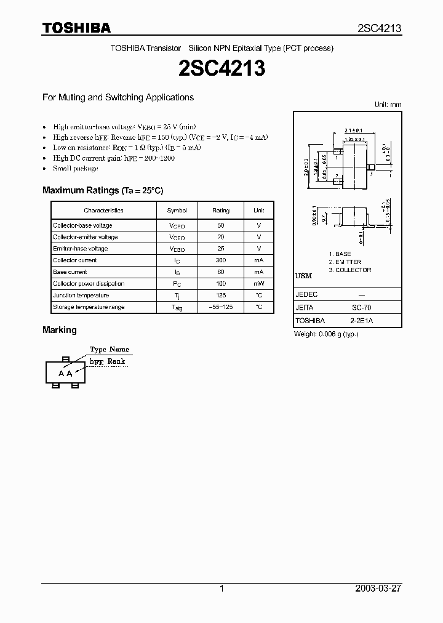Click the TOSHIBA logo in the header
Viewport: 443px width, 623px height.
tap(76, 28)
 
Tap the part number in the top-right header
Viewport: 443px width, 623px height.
tap(380, 28)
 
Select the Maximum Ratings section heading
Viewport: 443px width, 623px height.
tap(103, 191)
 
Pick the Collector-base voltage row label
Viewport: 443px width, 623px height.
tap(82, 225)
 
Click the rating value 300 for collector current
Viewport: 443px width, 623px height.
tap(221, 260)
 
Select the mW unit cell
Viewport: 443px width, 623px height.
tap(259, 284)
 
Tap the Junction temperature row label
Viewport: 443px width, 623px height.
tap(81, 295)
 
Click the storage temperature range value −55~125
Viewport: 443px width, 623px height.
tap(221, 307)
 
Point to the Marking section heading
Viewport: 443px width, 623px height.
tap(60, 330)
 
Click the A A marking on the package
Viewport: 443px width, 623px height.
tap(66, 374)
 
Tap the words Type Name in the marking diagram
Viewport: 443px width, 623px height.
tap(110, 350)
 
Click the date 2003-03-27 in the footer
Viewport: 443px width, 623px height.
tap(379, 589)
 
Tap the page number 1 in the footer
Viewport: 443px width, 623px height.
tap(221, 589)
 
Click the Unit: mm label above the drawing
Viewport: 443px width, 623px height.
tap(388, 105)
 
